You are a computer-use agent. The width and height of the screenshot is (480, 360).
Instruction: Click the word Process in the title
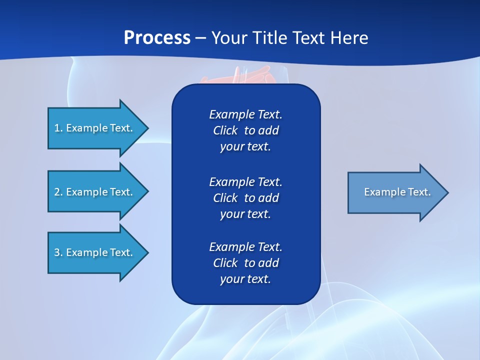pos(157,38)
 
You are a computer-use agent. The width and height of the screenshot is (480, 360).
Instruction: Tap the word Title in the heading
pos(269,38)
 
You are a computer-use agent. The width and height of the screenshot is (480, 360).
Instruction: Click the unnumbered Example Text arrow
pos(398,192)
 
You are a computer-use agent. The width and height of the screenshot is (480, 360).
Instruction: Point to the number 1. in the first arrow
pos(58,128)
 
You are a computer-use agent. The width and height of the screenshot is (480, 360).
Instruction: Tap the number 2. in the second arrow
pos(58,192)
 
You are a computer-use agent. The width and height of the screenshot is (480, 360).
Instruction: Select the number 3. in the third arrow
pos(58,252)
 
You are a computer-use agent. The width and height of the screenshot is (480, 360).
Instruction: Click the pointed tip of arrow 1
pos(149,128)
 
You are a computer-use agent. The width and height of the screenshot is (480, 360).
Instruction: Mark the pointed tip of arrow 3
pos(149,253)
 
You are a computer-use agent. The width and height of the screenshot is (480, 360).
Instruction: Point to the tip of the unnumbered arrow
pos(448,192)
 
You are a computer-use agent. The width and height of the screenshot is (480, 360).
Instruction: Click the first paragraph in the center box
pos(246,130)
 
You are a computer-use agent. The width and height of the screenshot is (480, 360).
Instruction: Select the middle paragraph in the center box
pos(246,198)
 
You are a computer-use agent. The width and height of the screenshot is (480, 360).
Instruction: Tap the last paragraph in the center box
pos(246,262)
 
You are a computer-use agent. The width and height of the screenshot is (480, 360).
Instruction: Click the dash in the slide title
pos(201,38)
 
